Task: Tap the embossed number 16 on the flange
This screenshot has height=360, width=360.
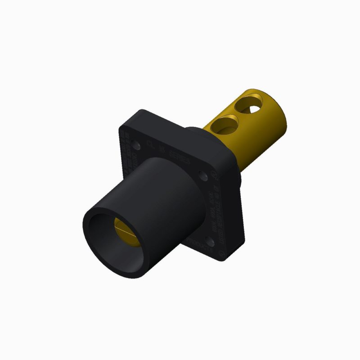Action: coord(163,151)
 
